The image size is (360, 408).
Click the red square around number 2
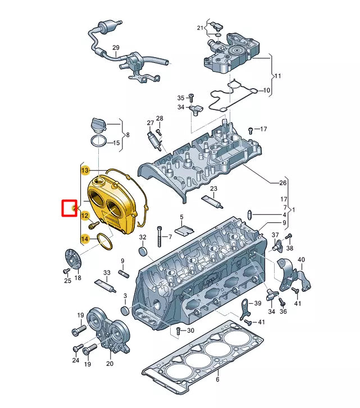69,209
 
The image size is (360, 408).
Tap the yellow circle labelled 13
85,169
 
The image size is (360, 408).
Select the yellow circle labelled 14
85,239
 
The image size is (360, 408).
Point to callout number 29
116,48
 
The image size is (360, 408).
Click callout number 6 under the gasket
217,380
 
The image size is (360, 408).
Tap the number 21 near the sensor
199,28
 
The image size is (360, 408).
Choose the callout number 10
266,90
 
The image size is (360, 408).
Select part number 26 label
283,183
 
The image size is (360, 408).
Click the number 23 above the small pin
213,189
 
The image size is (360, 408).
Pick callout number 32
143,237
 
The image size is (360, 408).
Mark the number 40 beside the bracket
301,259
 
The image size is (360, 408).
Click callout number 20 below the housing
110,364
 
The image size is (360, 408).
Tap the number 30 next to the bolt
190,331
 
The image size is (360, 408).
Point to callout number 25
67,281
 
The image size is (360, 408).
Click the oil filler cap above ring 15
99,125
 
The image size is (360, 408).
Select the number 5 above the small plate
181,217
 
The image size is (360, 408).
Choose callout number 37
275,235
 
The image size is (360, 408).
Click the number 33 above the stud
107,273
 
